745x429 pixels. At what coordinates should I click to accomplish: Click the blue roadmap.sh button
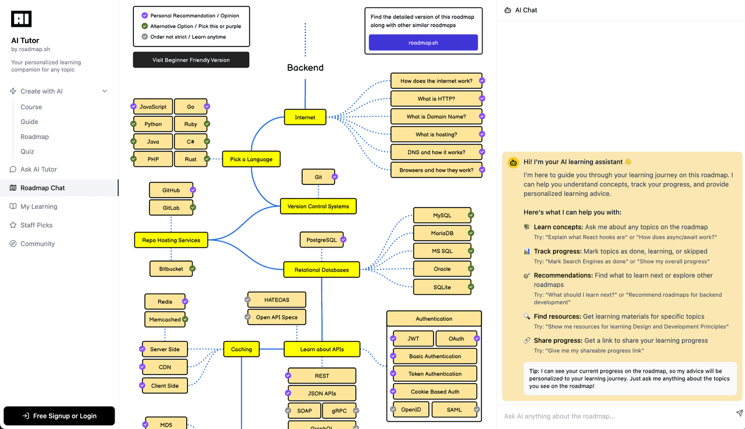(x=423, y=42)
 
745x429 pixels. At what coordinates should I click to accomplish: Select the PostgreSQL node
(x=321, y=239)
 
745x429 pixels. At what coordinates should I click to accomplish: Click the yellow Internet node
(x=305, y=117)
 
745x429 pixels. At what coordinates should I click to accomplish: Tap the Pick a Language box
(x=251, y=159)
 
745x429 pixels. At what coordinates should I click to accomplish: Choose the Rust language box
(x=190, y=159)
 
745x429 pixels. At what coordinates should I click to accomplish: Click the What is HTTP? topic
(x=436, y=99)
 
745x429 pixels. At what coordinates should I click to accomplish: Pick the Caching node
(x=242, y=349)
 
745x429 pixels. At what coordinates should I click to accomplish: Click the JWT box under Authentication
(x=413, y=338)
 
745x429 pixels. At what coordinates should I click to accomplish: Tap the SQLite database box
(x=442, y=287)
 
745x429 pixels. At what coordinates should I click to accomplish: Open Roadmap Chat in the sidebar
(x=42, y=188)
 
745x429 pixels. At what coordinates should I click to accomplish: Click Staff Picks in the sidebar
(x=36, y=225)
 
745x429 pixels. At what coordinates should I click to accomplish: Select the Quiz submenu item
(x=27, y=151)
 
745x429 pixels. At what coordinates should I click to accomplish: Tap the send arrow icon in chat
(x=739, y=413)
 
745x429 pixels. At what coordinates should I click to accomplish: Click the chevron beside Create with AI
(x=105, y=91)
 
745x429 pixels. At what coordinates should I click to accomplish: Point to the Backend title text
(x=305, y=67)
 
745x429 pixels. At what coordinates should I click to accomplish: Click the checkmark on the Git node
(x=335, y=177)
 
